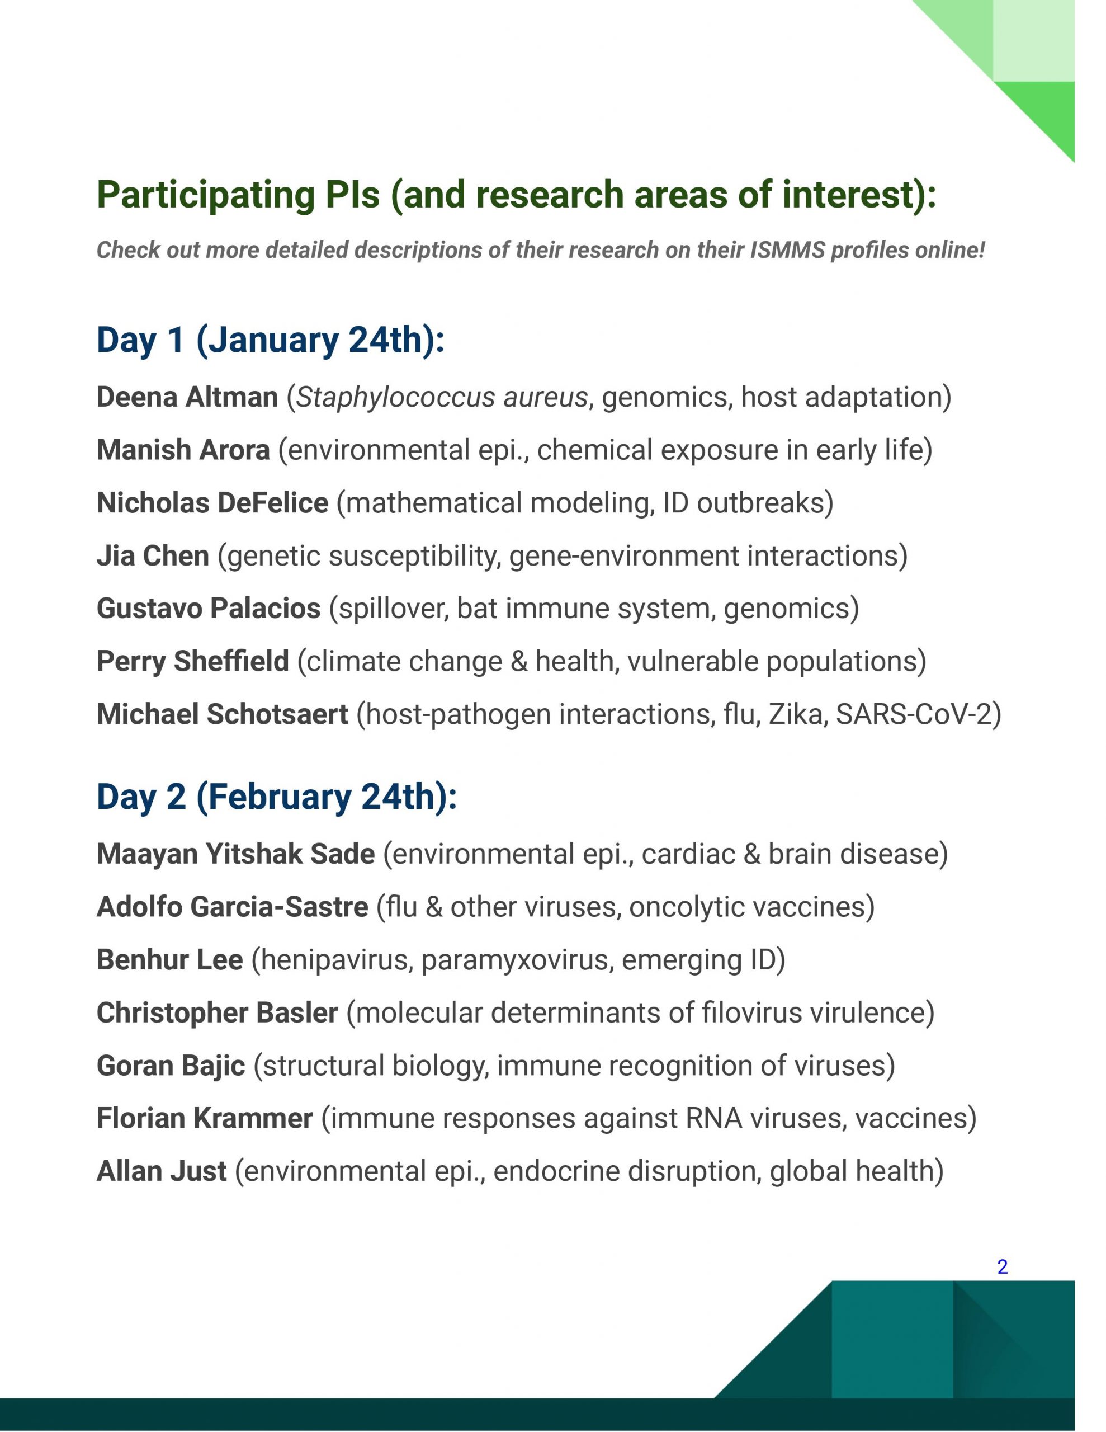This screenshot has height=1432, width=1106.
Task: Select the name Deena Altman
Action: pos(187,397)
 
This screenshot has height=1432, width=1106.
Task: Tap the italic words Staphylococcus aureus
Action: pos(442,397)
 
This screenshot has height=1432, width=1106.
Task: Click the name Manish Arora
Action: pos(183,450)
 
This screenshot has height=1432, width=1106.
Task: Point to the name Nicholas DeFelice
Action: pos(212,503)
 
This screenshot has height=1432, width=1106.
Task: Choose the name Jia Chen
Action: pos(152,556)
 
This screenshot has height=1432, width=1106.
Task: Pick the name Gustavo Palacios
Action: pos(208,609)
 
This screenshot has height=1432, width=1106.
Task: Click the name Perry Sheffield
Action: pos(192,662)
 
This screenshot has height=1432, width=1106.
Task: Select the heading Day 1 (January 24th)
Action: pos(270,340)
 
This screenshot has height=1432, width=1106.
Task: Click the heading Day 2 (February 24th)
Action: pos(276,797)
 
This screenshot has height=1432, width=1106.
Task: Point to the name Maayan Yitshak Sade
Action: pos(235,854)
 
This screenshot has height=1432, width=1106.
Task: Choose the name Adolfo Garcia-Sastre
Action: pos(232,907)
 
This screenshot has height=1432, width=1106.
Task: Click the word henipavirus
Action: pos(336,960)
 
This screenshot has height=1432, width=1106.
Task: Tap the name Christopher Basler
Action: pos(217,1013)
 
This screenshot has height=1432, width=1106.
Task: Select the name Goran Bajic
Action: pos(171,1066)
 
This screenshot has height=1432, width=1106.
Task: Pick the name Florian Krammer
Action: pos(204,1119)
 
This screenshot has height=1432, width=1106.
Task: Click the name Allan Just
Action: pos(161,1171)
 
